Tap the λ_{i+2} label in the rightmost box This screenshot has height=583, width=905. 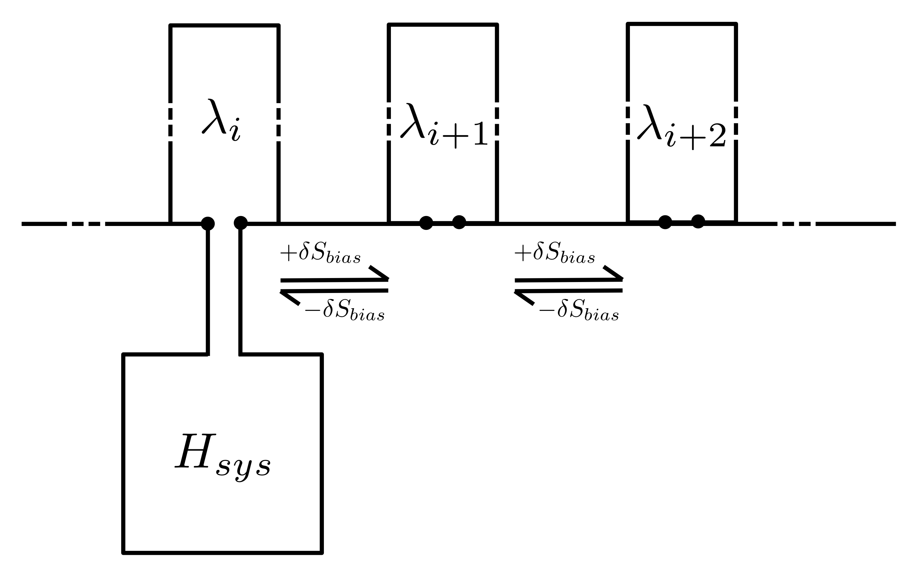(x=682, y=126)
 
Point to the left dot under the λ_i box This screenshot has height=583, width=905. (x=207, y=223)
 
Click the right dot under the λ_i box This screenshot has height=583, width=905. (x=241, y=223)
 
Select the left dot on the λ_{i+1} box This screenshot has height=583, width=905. (x=426, y=223)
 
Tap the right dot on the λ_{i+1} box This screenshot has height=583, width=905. (x=459, y=222)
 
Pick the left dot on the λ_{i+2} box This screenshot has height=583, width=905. (x=665, y=222)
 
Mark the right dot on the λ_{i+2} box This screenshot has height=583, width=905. (x=698, y=221)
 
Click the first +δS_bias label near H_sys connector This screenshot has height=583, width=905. (x=320, y=253)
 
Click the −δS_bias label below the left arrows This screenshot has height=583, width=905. (x=344, y=311)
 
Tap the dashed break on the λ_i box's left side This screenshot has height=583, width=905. (x=170, y=122)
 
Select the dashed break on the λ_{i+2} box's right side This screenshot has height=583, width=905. (x=736, y=120)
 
